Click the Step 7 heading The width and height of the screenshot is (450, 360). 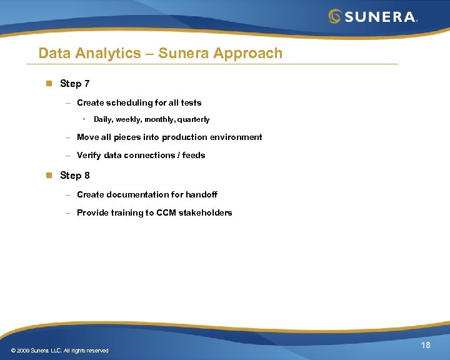(74, 84)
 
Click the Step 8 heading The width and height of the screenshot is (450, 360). (74, 176)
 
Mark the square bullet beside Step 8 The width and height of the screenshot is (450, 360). (47, 176)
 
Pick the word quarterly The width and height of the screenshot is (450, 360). (193, 119)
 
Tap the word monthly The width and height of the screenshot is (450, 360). (159, 119)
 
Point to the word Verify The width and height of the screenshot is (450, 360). (89, 155)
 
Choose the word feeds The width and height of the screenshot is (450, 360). (194, 155)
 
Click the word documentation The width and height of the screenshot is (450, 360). (137, 194)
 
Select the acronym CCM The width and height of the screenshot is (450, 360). (167, 212)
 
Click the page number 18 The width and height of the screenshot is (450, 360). (426, 346)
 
